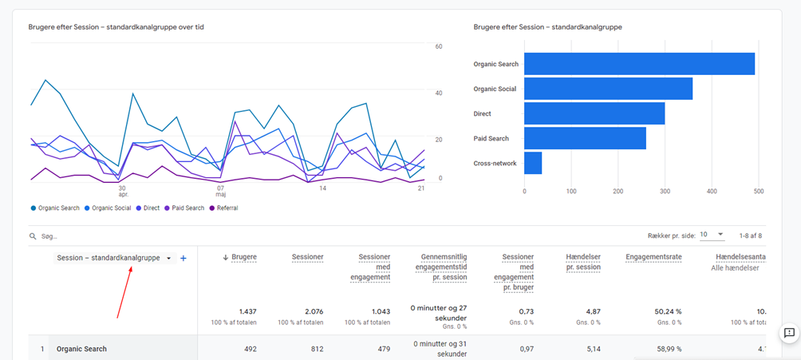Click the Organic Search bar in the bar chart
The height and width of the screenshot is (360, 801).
[x=638, y=64]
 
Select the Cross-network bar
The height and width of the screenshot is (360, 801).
[x=533, y=163]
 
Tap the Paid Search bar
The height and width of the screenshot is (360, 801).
[x=585, y=138]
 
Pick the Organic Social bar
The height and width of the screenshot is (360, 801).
[x=608, y=89]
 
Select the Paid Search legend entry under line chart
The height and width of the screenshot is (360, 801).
[x=184, y=208]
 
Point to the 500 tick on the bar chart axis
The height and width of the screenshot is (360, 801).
[x=758, y=192]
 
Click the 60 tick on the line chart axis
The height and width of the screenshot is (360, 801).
[x=438, y=47]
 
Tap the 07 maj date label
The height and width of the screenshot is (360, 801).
[x=220, y=192]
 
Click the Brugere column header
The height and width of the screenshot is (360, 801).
[x=244, y=257]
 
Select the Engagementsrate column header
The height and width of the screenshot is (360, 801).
[x=653, y=257]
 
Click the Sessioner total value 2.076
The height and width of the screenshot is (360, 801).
[x=307, y=311]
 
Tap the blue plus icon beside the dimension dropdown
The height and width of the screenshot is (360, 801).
[x=183, y=259]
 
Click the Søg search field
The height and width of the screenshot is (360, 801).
[x=160, y=236]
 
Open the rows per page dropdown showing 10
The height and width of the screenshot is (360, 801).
[x=712, y=235]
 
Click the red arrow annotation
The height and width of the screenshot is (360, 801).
[x=124, y=292]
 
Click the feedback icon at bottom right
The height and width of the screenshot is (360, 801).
[x=788, y=333]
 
